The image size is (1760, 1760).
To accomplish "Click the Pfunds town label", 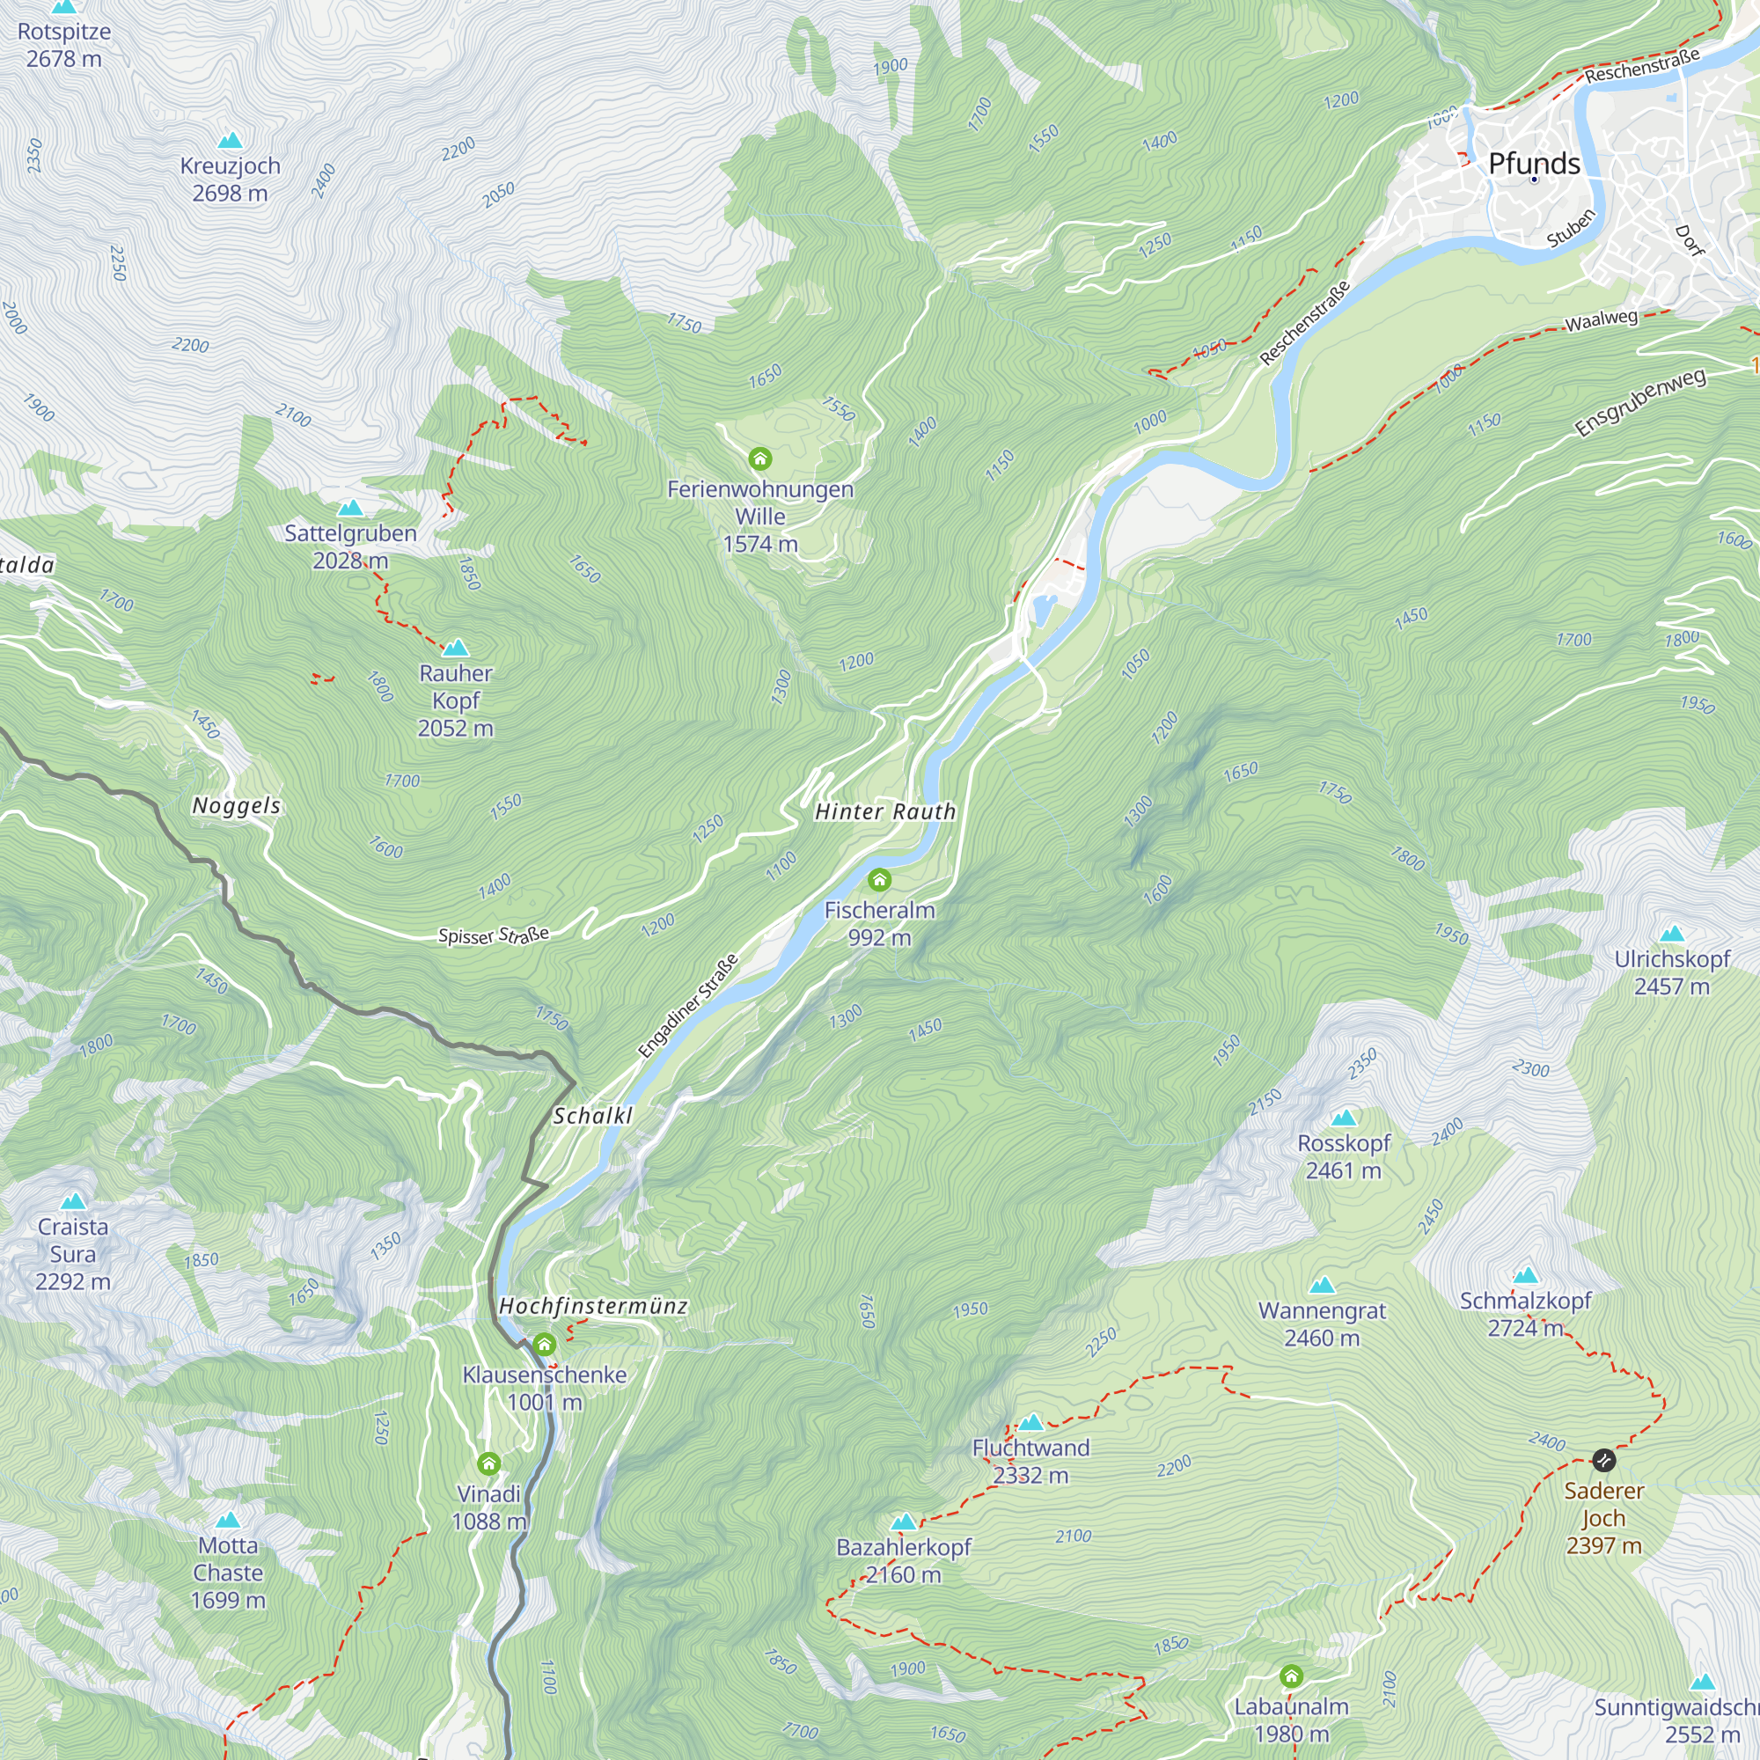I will [1534, 164].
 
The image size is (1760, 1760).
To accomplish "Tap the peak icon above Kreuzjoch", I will [231, 140].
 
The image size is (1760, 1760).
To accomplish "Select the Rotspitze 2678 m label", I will [63, 45].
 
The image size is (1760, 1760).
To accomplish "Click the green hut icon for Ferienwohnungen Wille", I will [759, 458].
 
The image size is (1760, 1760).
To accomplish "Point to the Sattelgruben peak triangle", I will [350, 509].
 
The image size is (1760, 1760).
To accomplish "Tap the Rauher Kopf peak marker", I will [456, 648].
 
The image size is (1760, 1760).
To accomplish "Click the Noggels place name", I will [236, 805].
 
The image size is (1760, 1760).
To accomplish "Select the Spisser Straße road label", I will [494, 935].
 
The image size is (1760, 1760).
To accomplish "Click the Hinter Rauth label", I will [884, 811].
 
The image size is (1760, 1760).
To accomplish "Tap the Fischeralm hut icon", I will [879, 880].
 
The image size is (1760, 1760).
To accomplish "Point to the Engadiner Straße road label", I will [688, 1007].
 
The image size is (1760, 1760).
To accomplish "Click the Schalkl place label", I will [592, 1116].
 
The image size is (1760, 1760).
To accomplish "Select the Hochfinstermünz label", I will [593, 1306].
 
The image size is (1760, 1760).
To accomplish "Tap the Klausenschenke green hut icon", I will [545, 1345].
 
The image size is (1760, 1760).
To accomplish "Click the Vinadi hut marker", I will [489, 1464].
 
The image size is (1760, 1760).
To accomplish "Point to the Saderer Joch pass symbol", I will [1603, 1460].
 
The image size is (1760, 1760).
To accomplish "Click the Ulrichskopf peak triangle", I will [1672, 934].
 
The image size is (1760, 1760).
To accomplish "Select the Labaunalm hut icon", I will [1291, 1676].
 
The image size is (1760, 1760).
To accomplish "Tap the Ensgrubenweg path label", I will [1639, 402].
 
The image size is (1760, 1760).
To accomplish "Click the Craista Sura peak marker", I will [73, 1201].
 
